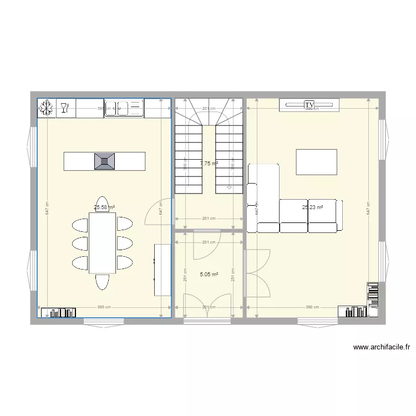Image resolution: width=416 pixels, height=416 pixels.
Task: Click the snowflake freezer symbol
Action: [47, 108]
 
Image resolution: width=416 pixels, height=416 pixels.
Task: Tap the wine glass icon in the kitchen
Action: [65, 108]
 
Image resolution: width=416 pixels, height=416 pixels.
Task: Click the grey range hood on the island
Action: [105, 161]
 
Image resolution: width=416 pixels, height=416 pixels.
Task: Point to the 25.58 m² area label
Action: [104, 207]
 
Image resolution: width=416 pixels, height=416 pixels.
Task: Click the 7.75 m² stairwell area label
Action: [209, 164]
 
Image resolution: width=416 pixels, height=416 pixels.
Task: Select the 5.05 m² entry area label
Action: [209, 273]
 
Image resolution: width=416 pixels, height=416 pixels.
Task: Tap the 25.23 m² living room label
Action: [312, 207]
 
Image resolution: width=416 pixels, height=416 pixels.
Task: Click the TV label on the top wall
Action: [309, 104]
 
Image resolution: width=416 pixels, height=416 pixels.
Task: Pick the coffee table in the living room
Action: [316, 162]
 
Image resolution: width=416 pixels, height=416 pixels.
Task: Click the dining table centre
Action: [102, 243]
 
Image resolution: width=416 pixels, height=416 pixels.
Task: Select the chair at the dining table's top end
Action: [102, 204]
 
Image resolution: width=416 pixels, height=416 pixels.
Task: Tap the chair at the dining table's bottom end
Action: [102, 282]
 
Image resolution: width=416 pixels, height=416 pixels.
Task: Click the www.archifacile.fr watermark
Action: [381, 348]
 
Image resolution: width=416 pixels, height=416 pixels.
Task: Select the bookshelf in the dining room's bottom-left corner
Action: [58, 312]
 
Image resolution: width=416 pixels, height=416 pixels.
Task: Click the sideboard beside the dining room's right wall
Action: [161, 269]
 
